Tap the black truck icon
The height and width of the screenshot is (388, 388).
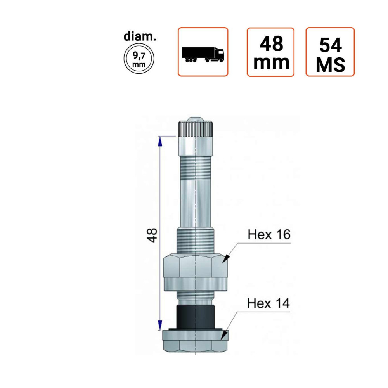coord(203,55)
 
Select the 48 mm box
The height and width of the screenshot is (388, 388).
coord(271,52)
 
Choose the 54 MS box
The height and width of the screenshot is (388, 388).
coord(330,52)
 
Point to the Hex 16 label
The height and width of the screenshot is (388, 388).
coord(269,234)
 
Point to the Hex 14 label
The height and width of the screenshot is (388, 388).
coord(268,303)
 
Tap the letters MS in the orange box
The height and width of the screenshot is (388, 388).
coord(330,65)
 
